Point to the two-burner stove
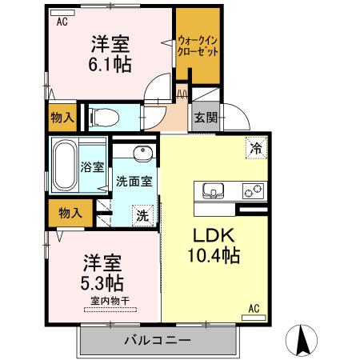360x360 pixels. click(x=253, y=192)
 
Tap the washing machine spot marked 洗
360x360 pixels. click(x=142, y=214)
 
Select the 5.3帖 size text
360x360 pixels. click(x=101, y=282)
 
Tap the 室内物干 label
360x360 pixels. click(x=109, y=301)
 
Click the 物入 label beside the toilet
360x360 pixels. click(x=63, y=118)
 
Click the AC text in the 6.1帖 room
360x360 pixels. click(x=61, y=22)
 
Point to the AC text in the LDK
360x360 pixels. click(x=253, y=308)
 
